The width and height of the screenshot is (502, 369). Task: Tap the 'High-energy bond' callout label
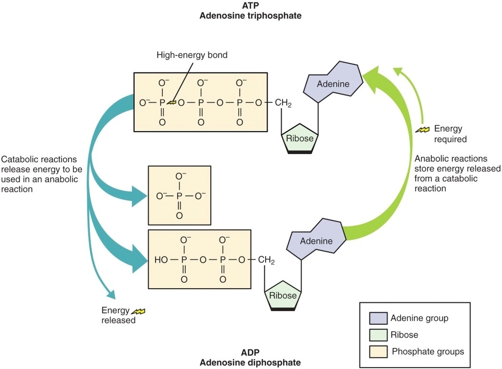192,55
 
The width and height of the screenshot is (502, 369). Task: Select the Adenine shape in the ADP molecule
316,240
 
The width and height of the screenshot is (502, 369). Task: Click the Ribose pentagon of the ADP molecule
283,295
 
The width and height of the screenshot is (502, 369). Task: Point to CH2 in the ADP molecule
266,260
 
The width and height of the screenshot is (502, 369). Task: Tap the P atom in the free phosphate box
179,197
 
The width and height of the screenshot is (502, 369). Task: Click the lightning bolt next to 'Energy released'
138,311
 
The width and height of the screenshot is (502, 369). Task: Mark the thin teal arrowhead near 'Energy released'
111,294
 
